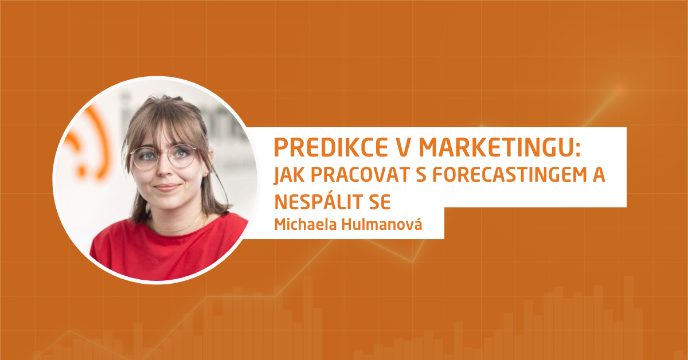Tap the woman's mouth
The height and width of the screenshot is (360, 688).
pyautogui.click(x=166, y=187)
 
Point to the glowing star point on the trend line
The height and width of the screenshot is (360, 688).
pyautogui.click(x=620, y=89)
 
